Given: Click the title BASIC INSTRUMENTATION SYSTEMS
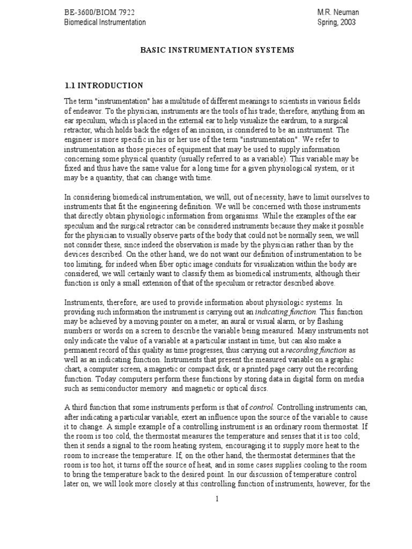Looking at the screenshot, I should pyautogui.click(x=217, y=50).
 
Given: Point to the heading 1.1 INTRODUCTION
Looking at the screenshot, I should pyautogui.click(x=104, y=85).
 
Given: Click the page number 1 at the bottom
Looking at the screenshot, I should pyautogui.click(x=217, y=499).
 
